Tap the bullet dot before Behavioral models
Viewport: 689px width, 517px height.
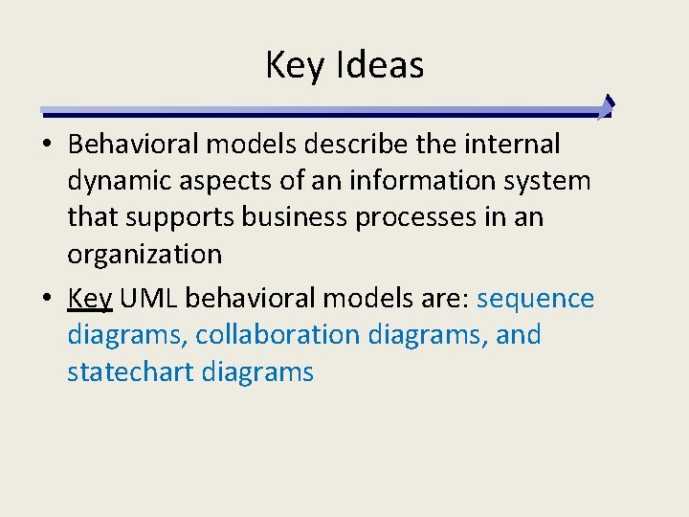tap(48, 146)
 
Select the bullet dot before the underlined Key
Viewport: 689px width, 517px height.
tap(48, 300)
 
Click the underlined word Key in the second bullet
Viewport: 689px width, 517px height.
tap(91, 299)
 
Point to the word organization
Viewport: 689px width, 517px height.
tap(144, 254)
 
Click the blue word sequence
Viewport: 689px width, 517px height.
tap(535, 299)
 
